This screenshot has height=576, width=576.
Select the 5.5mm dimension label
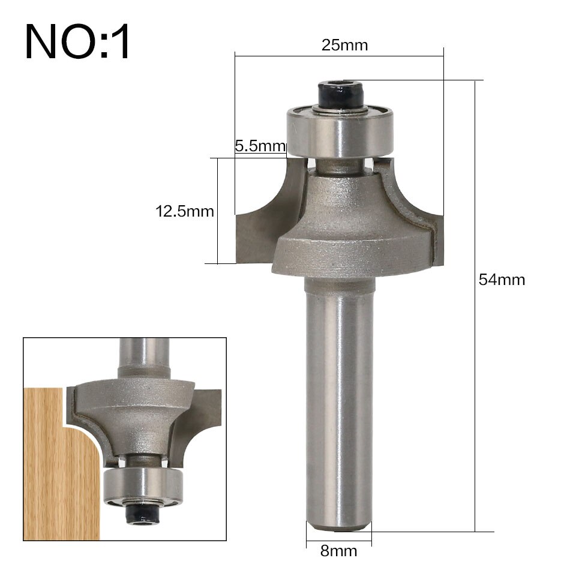click(259, 146)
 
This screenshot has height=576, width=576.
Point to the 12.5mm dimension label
click(185, 211)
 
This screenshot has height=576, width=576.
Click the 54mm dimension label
click(502, 279)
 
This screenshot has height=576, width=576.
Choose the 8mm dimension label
click(338, 551)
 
